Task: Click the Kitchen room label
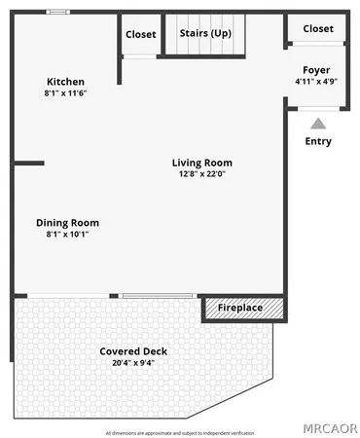pyautogui.click(x=66, y=81)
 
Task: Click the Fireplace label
pyautogui.click(x=239, y=308)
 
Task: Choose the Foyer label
pyautogui.click(x=316, y=70)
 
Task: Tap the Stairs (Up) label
pyautogui.click(x=205, y=33)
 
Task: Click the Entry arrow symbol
pyautogui.click(x=317, y=124)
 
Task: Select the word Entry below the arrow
pyautogui.click(x=317, y=141)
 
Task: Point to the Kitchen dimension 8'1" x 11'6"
pyautogui.click(x=66, y=92)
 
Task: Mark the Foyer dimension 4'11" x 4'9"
pyautogui.click(x=316, y=82)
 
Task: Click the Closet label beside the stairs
pyautogui.click(x=141, y=34)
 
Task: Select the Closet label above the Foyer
pyautogui.click(x=317, y=29)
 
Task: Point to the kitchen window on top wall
pyautogui.click(x=58, y=12)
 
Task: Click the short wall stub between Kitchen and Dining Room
pyautogui.click(x=29, y=163)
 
